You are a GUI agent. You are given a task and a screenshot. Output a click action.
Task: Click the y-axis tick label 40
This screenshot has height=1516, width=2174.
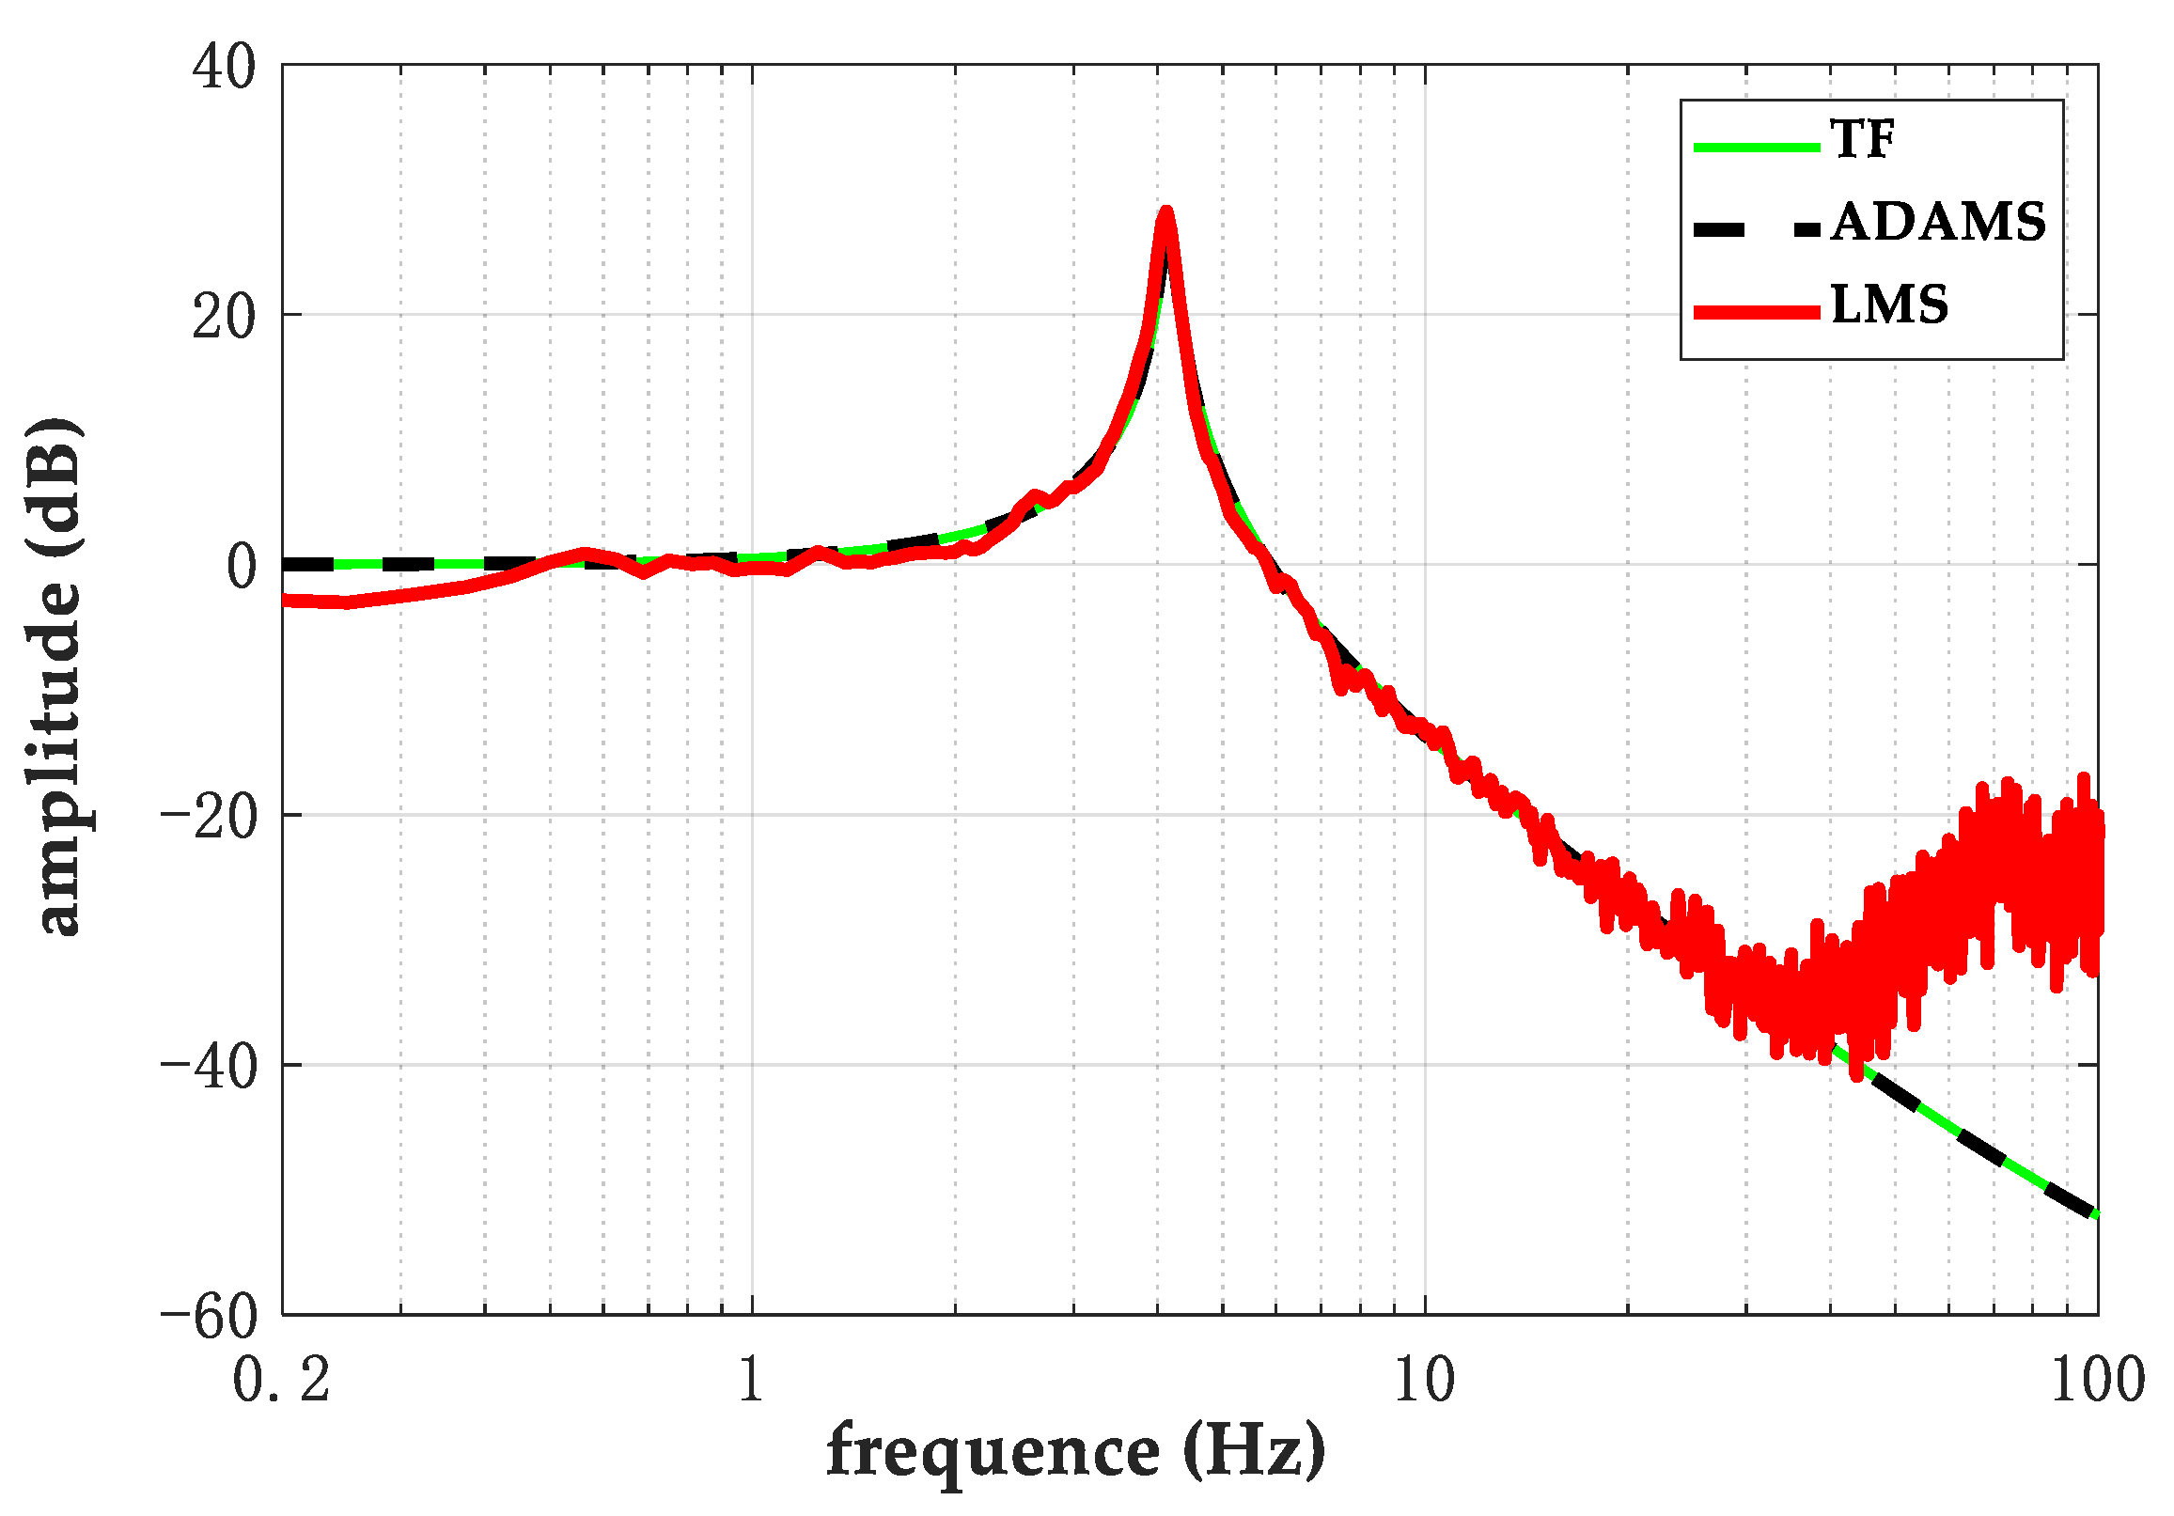(x=224, y=69)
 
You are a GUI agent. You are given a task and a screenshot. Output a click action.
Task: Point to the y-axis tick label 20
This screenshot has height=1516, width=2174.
(x=224, y=318)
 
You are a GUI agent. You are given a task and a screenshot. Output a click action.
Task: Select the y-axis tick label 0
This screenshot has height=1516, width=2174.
(x=241, y=567)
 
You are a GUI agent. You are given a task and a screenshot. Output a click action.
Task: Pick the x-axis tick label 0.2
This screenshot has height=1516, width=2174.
(x=281, y=1381)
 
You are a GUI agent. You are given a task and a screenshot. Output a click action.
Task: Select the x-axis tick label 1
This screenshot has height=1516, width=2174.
(x=751, y=1381)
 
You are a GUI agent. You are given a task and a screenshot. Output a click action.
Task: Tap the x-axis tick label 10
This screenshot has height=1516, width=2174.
(x=1424, y=1381)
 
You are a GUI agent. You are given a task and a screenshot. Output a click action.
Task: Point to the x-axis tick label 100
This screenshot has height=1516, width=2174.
(x=2096, y=1381)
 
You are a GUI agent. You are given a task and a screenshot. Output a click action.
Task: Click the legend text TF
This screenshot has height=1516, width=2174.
(x=1863, y=140)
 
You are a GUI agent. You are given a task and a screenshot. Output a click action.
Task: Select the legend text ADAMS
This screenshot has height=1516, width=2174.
(x=1938, y=224)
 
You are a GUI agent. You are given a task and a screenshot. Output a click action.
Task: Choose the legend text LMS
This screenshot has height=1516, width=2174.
(x=1889, y=305)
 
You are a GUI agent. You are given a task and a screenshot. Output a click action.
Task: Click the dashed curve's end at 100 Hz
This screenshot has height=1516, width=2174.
(x=2096, y=1215)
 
